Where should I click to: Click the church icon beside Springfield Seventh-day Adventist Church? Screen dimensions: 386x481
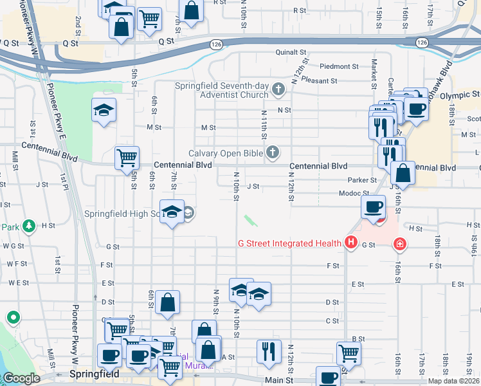[278, 89]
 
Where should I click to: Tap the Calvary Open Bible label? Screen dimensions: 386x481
[226, 153]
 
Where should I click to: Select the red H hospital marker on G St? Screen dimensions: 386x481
[350, 243]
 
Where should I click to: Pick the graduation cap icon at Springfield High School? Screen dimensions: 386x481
[172, 212]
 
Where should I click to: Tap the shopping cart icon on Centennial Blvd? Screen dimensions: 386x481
[127, 156]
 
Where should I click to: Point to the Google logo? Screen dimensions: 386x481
[21, 379]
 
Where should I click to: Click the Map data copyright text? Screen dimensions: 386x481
[454, 381]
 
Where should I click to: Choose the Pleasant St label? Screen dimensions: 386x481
[321, 81]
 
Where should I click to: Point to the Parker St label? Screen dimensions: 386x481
[362, 181]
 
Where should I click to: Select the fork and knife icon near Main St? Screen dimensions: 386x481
[269, 351]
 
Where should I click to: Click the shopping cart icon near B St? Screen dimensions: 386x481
[349, 351]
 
